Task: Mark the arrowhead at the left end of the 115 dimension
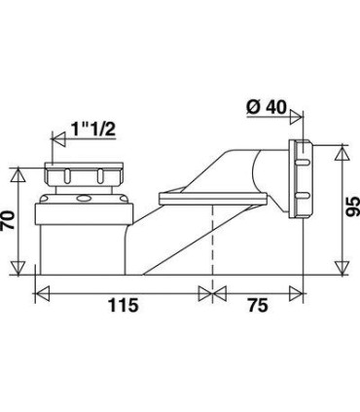(x=40, y=289)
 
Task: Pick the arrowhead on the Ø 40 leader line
(x=294, y=123)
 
